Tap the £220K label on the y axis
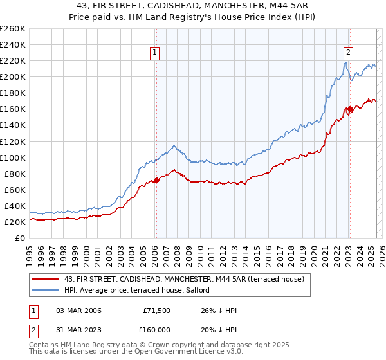coord(13,60)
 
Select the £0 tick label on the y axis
coord(20,238)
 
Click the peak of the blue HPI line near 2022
coord(345,62)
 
